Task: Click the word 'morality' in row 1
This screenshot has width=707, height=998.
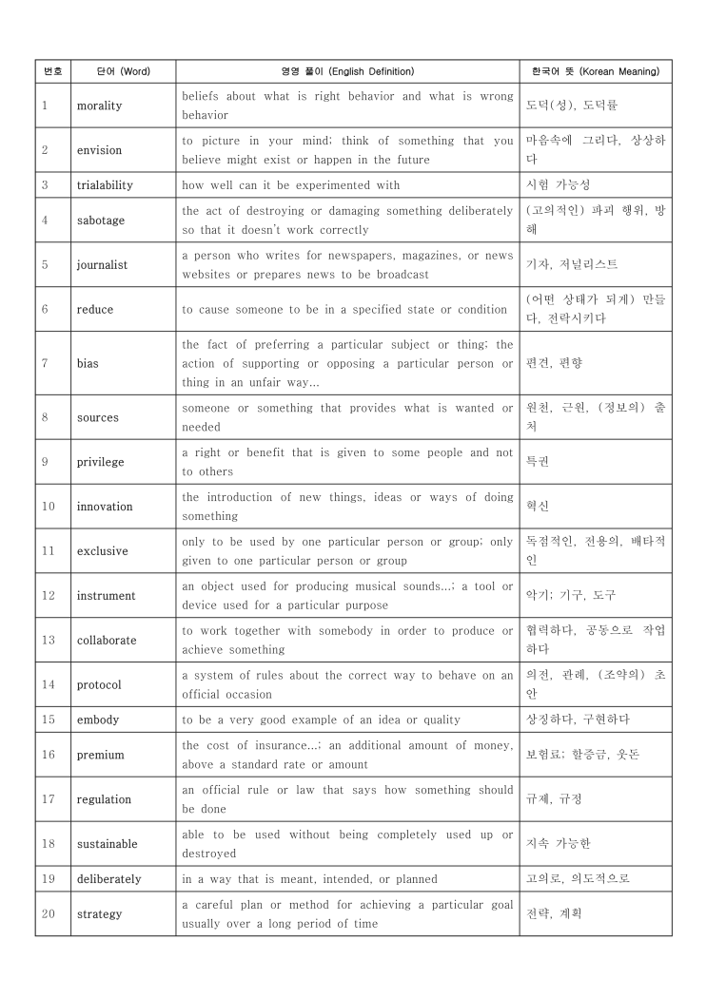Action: [x=100, y=106]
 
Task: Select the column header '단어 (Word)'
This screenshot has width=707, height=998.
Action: [x=123, y=71]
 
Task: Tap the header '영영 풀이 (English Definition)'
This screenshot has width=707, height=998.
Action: [x=347, y=71]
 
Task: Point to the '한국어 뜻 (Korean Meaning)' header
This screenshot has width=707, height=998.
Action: [x=596, y=71]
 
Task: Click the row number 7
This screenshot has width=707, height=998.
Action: [x=45, y=363]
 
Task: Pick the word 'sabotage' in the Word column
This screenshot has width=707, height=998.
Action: [x=101, y=221]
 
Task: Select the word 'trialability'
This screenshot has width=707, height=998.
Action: [x=106, y=185]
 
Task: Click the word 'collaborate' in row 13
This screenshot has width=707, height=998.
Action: [x=107, y=641]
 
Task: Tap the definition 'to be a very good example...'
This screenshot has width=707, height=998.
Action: [x=321, y=720]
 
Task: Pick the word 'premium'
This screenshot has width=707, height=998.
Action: [x=100, y=755]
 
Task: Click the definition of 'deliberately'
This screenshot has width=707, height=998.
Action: [x=309, y=879]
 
